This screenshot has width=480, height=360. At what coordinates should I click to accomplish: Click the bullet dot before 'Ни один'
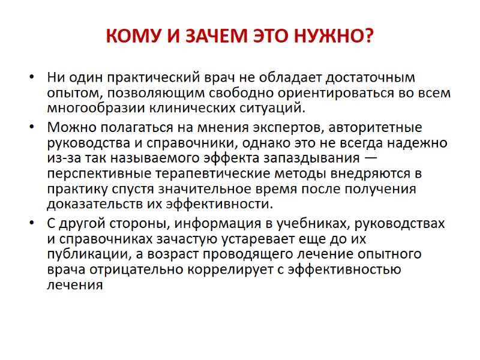[32, 78]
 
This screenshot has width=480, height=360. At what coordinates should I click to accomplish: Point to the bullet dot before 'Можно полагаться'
[32, 128]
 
